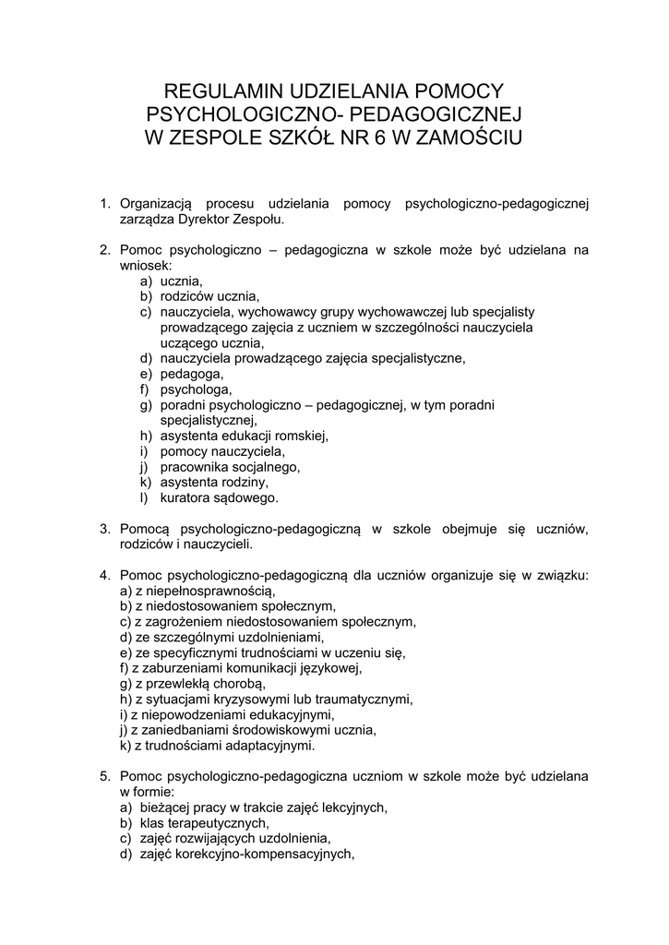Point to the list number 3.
point(104,529)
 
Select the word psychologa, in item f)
point(196,389)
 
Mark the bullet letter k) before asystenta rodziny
point(146,483)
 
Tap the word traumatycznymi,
point(361,699)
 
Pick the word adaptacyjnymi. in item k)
point(270,746)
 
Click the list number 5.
point(104,777)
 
